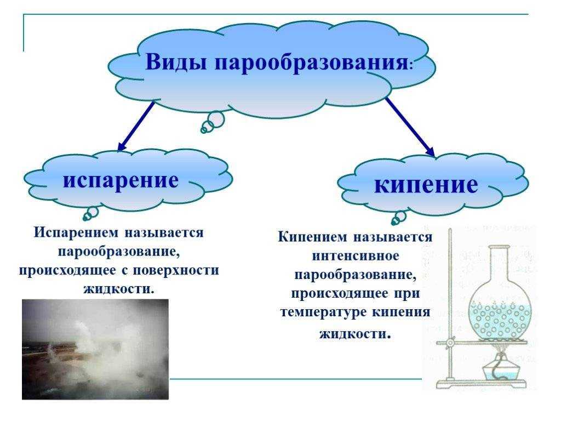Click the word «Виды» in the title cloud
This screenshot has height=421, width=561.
(176, 61)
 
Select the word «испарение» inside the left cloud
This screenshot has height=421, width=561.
(121, 180)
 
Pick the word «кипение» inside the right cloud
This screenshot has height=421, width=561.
(426, 184)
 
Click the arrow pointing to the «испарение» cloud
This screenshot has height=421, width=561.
(136, 126)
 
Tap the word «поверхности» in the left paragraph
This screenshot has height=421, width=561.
(176, 270)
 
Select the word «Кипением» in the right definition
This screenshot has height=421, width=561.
(312, 237)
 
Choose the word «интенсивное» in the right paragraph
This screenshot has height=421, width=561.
(355, 255)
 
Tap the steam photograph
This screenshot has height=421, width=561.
(95, 349)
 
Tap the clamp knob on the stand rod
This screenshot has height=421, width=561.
(450, 343)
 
